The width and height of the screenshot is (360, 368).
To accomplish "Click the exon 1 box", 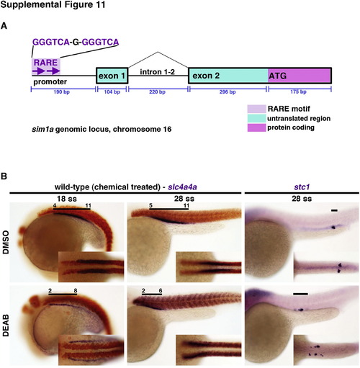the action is pyautogui.click(x=112, y=76).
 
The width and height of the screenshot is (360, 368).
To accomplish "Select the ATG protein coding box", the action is pyautogui.click(x=300, y=76).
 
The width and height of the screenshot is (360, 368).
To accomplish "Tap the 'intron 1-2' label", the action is pyautogui.click(x=157, y=72).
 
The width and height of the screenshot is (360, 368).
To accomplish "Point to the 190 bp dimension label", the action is pyautogui.click(x=62, y=91).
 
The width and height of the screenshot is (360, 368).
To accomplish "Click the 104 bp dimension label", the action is pyautogui.click(x=112, y=91).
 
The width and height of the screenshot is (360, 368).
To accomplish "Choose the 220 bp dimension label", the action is pyautogui.click(x=157, y=91).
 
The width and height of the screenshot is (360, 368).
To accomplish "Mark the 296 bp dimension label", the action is pyautogui.click(x=228, y=91).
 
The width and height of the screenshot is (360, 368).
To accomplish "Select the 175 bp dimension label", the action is pyautogui.click(x=298, y=91).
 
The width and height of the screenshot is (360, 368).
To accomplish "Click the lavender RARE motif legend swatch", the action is pyautogui.click(x=256, y=109).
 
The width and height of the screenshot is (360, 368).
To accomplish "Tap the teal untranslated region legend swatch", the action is pyautogui.click(x=256, y=118).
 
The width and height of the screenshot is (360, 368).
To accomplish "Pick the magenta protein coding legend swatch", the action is pyautogui.click(x=256, y=127).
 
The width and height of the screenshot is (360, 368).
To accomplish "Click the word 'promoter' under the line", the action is pyautogui.click(x=50, y=82).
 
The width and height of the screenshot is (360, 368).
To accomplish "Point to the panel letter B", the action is pyautogui.click(x=4, y=176).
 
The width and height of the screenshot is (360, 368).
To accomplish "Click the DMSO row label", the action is pyautogui.click(x=5, y=242).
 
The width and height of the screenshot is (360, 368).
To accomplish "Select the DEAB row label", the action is pyautogui.click(x=5, y=326).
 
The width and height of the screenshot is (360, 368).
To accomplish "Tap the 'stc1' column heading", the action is pyautogui.click(x=302, y=187).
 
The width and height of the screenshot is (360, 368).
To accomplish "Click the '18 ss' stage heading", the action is pyautogui.click(x=67, y=199).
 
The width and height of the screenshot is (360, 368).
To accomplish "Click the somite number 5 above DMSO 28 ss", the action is pyautogui.click(x=150, y=205).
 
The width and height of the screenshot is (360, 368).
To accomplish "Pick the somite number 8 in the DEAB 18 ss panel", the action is pyautogui.click(x=76, y=291).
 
